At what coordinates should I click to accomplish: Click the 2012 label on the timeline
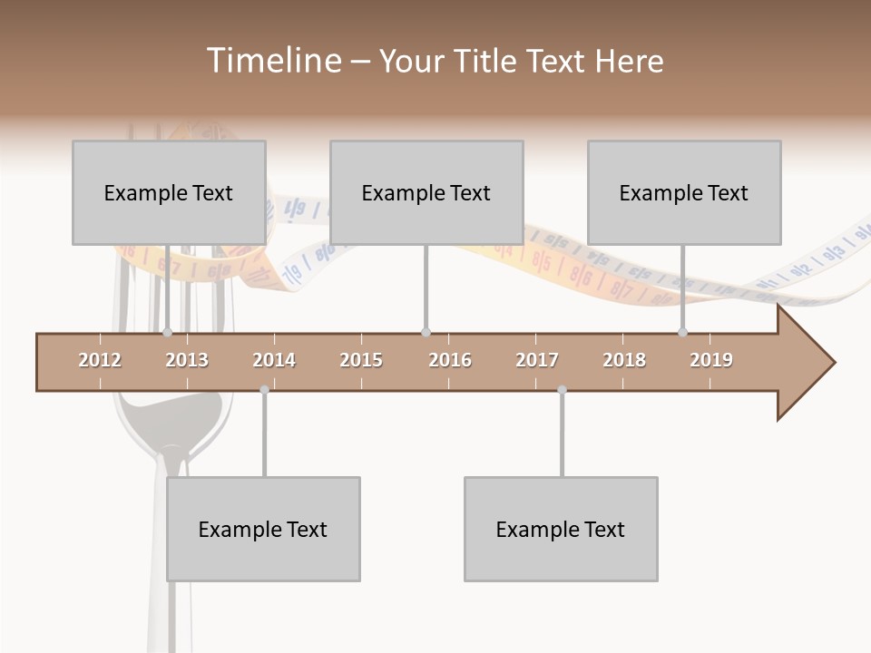pyautogui.click(x=100, y=360)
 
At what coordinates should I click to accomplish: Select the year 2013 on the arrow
pyautogui.click(x=187, y=360)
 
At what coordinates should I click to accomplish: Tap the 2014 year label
pyautogui.click(x=274, y=360)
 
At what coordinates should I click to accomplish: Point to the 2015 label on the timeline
pyautogui.click(x=361, y=360)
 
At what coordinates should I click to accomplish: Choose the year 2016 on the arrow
pyautogui.click(x=450, y=360)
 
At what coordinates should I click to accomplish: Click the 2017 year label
pyautogui.click(x=537, y=360)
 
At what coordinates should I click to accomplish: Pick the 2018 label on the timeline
pyautogui.click(x=624, y=360)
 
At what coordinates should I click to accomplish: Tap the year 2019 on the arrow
pyautogui.click(x=711, y=360)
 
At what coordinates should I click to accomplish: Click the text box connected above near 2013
pyautogui.click(x=169, y=192)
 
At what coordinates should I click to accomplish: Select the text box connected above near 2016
pyautogui.click(x=426, y=192)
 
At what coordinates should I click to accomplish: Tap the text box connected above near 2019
pyautogui.click(x=684, y=192)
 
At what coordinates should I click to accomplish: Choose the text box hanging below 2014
pyautogui.click(x=263, y=529)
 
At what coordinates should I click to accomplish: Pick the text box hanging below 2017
pyautogui.click(x=561, y=529)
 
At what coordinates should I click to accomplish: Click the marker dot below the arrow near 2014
pyautogui.click(x=264, y=390)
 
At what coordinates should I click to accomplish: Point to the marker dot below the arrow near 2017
pyautogui.click(x=562, y=390)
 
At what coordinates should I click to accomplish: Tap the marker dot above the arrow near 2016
pyautogui.click(x=426, y=333)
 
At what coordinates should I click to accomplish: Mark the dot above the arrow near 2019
pyautogui.click(x=682, y=333)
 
